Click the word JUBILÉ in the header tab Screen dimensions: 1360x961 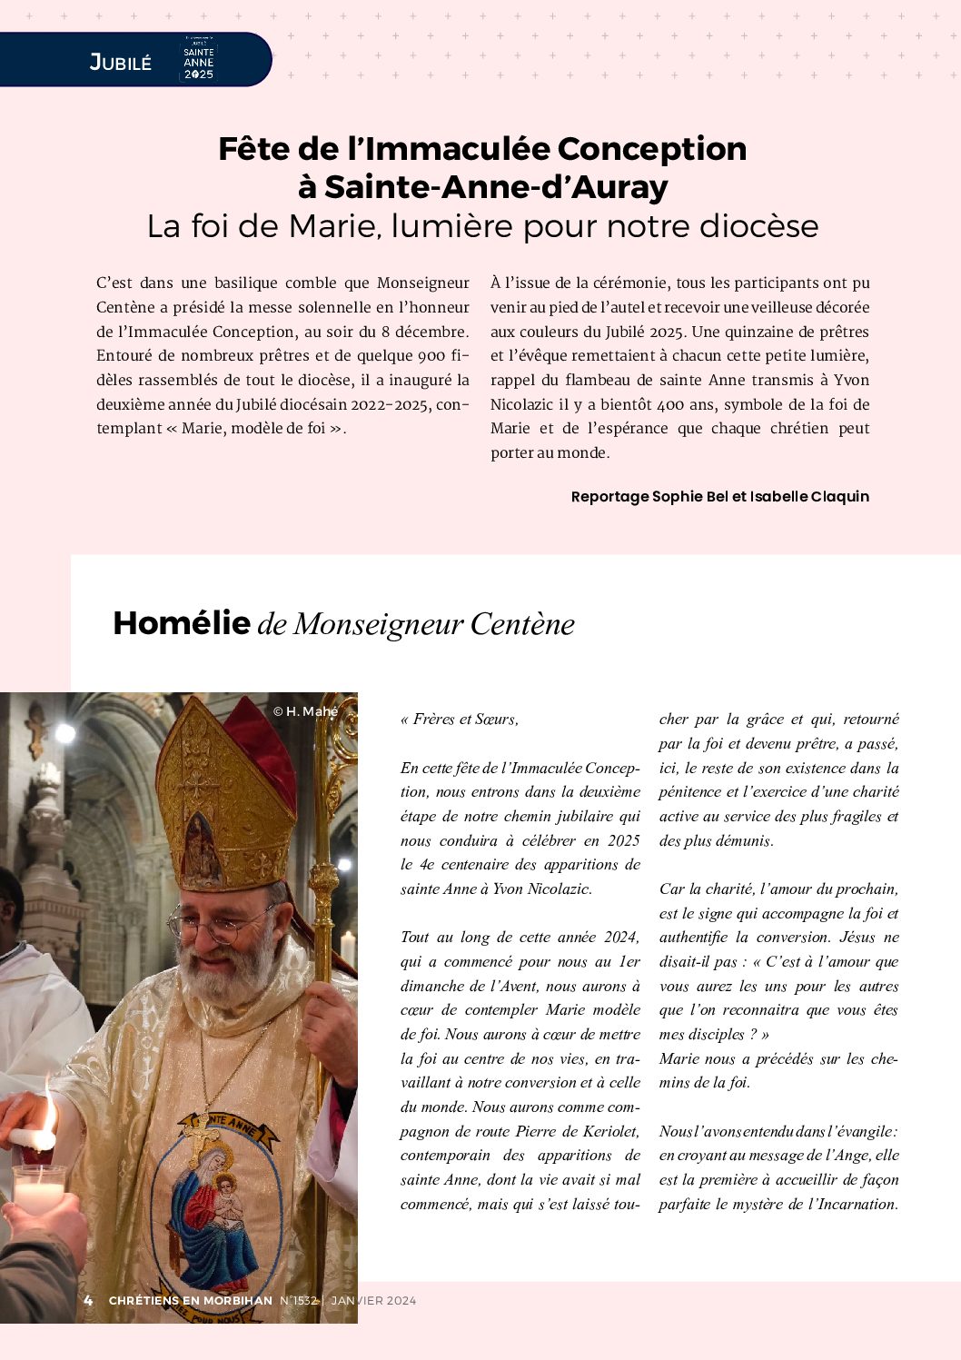tap(120, 62)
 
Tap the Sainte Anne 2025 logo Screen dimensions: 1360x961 tap(198, 61)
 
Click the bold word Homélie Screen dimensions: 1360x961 tap(182, 623)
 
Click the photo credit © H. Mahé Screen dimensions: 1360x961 tap(305, 711)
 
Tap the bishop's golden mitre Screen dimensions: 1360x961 tap(227, 799)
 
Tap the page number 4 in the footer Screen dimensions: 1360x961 tap(88, 1301)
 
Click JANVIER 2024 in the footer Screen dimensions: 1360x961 tap(373, 1301)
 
